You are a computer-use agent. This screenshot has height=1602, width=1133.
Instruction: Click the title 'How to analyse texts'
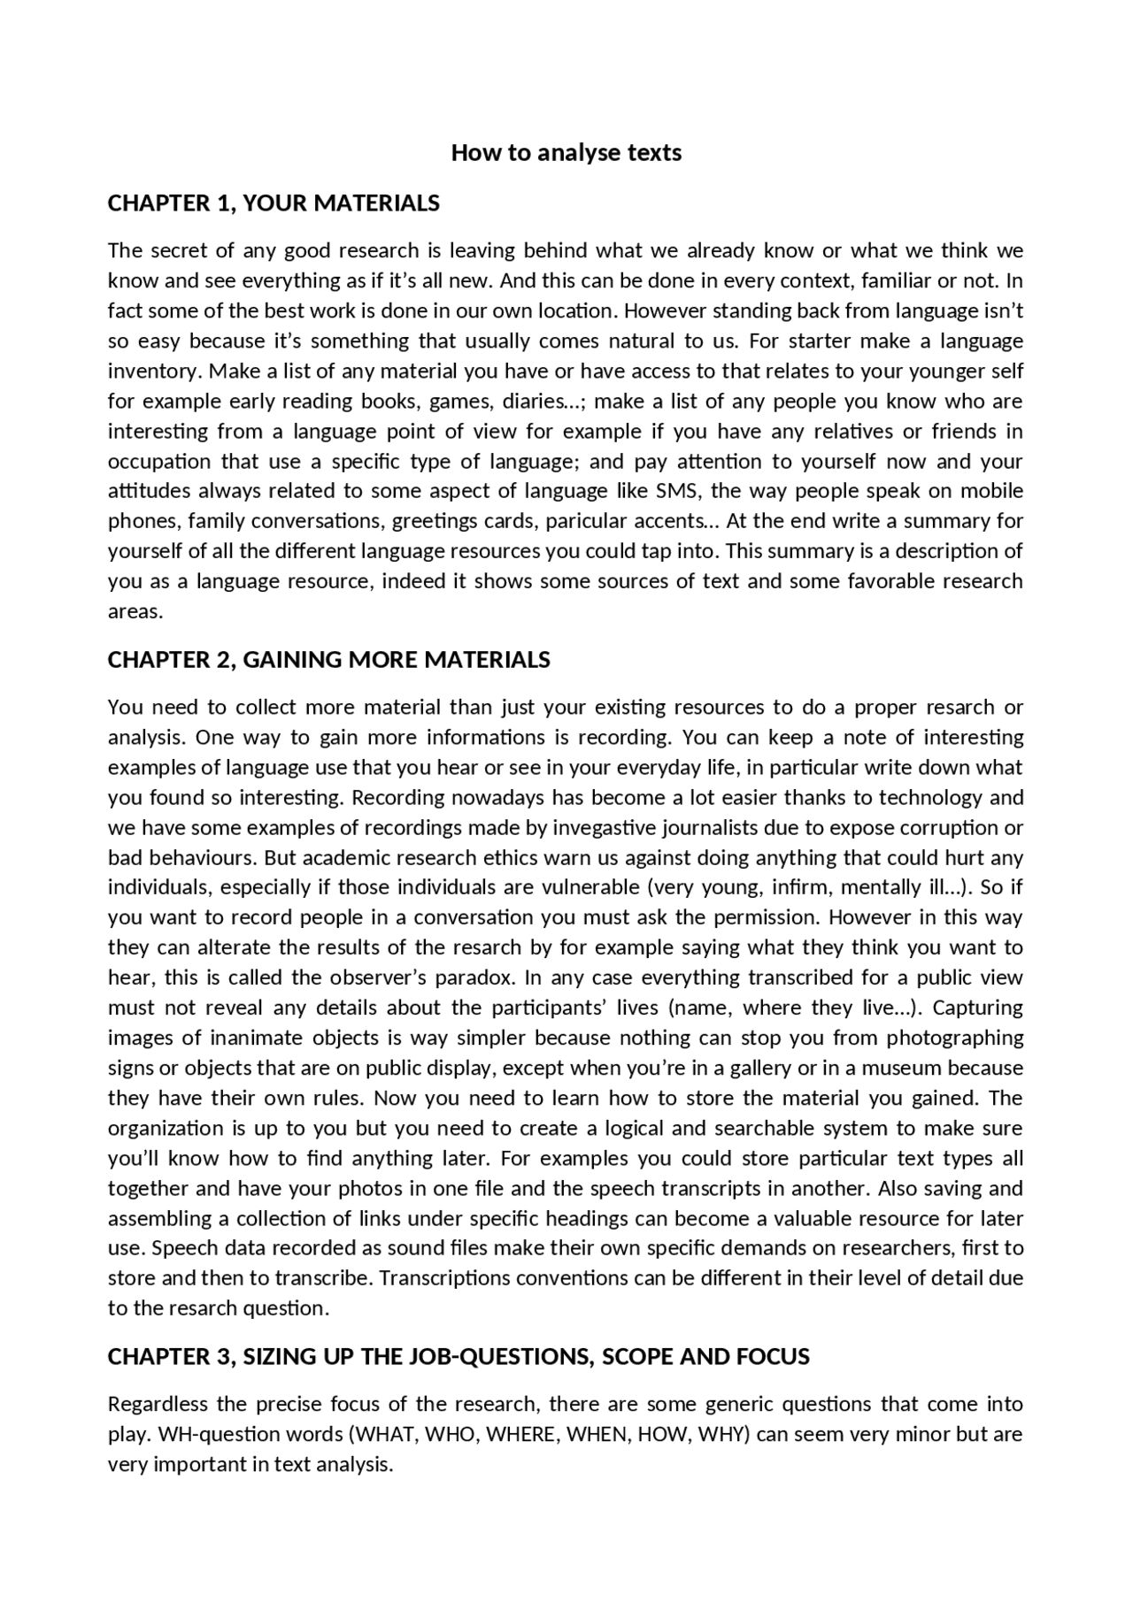coord(566,153)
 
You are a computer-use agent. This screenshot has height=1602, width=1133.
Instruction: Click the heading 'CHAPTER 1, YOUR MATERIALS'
coord(274,203)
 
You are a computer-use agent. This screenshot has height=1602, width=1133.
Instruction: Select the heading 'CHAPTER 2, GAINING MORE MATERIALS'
coord(328,660)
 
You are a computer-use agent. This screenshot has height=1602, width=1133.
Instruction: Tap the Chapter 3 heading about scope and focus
coord(458,1357)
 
